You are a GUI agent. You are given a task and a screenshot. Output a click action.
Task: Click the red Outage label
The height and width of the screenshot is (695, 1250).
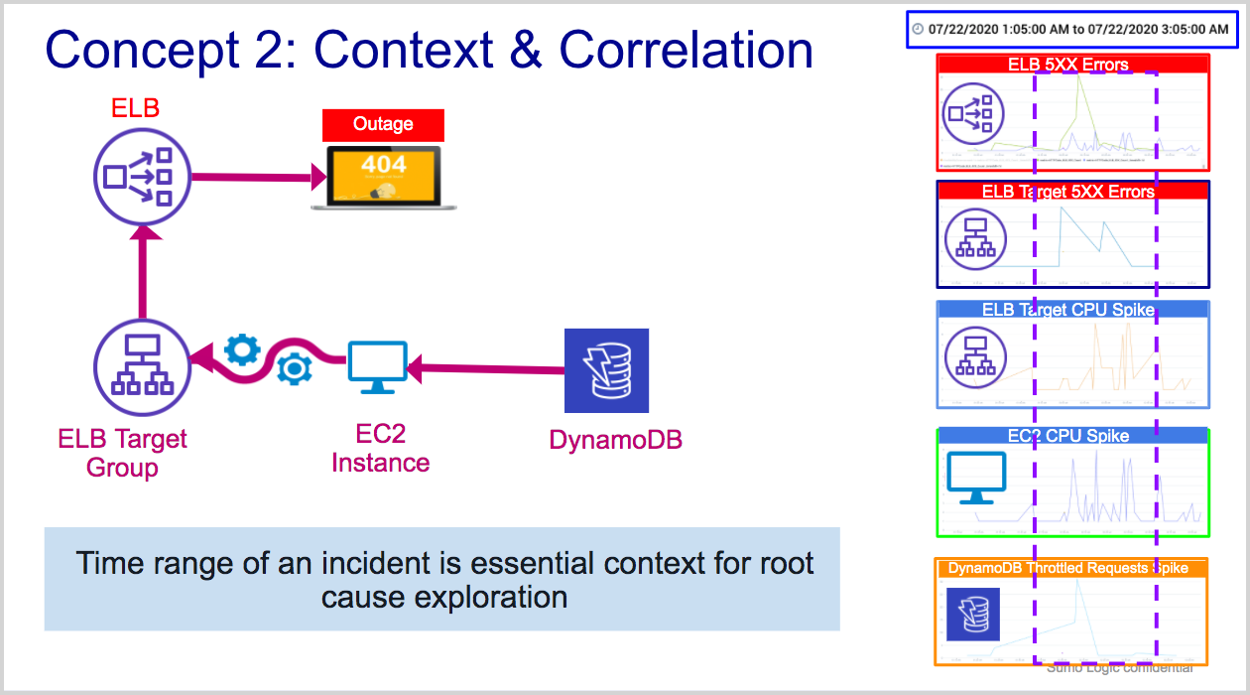click(383, 125)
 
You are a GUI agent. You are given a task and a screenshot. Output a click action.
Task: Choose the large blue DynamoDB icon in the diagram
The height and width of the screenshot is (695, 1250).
click(606, 370)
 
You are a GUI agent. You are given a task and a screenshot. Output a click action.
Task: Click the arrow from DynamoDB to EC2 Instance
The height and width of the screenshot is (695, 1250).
click(486, 370)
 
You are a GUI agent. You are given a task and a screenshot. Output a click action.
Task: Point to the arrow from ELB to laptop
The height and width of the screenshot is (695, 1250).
click(258, 178)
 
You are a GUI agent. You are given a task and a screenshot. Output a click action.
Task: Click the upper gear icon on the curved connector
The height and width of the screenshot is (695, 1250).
click(242, 349)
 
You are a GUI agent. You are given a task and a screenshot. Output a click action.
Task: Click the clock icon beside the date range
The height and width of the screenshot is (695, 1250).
click(918, 29)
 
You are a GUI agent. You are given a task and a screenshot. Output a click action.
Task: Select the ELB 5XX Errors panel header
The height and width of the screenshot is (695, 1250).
click(1071, 65)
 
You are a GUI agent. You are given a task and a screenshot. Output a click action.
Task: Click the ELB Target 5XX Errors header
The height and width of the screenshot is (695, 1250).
click(1071, 191)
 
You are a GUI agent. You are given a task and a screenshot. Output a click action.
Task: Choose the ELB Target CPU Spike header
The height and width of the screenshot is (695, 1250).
click(1071, 310)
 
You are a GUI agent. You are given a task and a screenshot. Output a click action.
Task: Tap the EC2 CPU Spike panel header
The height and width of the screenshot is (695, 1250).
click(1071, 436)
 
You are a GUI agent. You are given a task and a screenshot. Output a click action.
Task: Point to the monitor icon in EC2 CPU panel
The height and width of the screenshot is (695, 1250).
click(976, 478)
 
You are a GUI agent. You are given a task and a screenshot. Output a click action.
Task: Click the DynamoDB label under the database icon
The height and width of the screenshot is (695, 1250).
click(615, 440)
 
